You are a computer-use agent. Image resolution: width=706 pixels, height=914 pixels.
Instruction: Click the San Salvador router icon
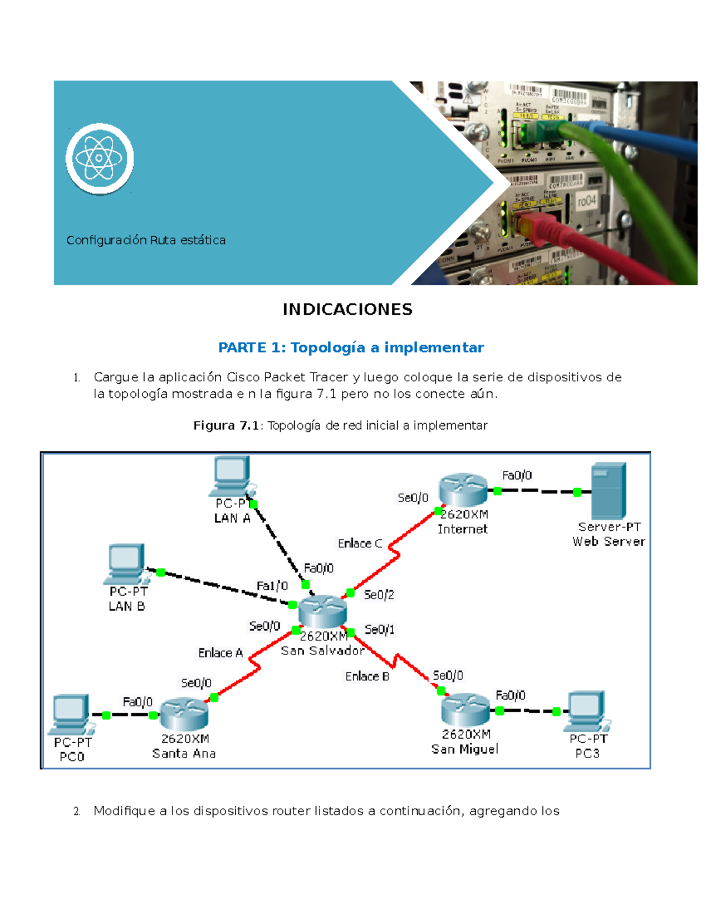pos(322,611)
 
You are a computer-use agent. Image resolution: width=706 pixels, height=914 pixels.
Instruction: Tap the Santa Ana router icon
pos(184,714)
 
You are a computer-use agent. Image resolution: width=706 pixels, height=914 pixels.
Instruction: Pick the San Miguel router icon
pos(465,709)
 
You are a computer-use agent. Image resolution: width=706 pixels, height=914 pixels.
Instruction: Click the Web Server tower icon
pos(608,490)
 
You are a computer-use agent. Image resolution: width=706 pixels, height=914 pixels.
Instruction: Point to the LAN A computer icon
pos(231,476)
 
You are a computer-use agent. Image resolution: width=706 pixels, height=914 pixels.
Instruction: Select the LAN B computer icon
pos(126,564)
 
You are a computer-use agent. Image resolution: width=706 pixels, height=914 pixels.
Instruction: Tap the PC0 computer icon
pos(71,714)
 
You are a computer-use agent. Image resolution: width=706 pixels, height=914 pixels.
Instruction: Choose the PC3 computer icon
pos(587,710)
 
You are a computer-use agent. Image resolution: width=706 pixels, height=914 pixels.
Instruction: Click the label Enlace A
pos(221,653)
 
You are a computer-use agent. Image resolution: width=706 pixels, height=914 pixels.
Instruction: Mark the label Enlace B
pos(367,677)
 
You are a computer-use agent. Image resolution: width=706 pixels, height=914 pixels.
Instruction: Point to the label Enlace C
pos(360,544)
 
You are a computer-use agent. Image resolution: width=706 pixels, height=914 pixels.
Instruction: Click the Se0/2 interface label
pos(379,595)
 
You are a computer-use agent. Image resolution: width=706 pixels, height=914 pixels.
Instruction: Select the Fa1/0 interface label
pos(272,586)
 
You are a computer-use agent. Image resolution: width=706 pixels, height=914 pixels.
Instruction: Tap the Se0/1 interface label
pos(379,630)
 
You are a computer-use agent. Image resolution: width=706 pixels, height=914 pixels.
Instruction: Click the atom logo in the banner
pos(99,158)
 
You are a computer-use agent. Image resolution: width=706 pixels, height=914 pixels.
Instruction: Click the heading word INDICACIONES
pos(347,310)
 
